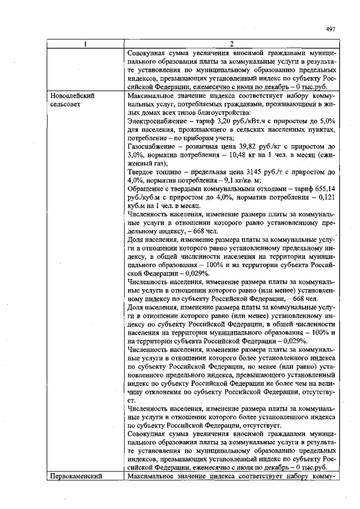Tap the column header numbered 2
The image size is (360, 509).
(231, 44)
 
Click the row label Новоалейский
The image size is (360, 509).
(72, 96)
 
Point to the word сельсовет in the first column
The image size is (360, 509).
(65, 104)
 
